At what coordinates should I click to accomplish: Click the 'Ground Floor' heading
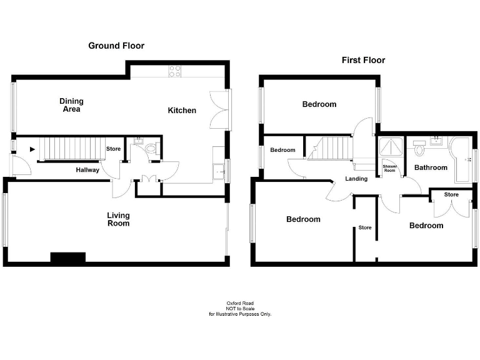point(116,46)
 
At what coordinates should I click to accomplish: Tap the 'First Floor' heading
point(363,60)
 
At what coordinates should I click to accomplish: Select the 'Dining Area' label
point(71,105)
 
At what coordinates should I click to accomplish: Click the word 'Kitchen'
point(182,111)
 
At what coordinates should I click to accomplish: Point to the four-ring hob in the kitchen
point(174,71)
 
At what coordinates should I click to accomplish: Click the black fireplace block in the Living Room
point(67,257)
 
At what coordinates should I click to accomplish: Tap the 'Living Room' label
point(118,219)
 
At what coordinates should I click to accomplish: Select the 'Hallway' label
point(87,170)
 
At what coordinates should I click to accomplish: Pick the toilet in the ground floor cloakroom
point(150,149)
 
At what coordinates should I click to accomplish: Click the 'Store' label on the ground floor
point(113,149)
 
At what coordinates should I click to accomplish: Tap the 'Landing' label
point(356,179)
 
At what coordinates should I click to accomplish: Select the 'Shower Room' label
point(389,169)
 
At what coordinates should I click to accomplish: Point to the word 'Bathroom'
point(431,167)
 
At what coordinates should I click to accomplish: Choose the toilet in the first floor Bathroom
point(419,151)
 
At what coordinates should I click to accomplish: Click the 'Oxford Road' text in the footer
point(239,303)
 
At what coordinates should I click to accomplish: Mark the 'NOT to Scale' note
point(239,309)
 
